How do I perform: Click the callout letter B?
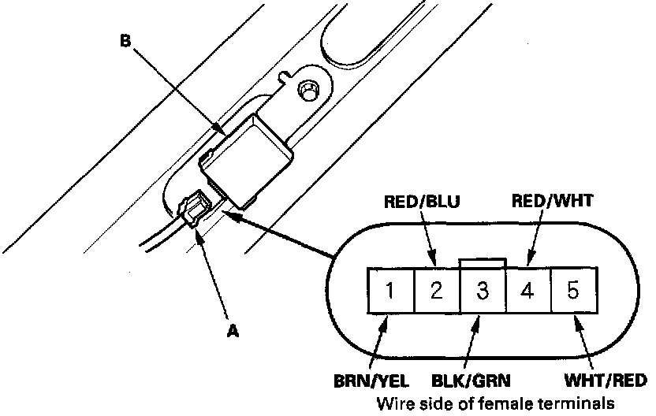[x=125, y=41]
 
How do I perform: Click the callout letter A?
[x=233, y=331]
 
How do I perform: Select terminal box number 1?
[x=391, y=290]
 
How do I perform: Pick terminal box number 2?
[x=437, y=290]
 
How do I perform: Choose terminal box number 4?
[x=528, y=290]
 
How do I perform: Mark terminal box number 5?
[x=574, y=290]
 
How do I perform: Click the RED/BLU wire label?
[x=422, y=202]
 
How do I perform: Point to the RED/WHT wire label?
[x=552, y=201]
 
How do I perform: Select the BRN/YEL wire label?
[x=371, y=381]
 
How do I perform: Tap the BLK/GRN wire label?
[x=471, y=381]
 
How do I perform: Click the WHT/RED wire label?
[x=606, y=381]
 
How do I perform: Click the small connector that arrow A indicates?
[x=196, y=209]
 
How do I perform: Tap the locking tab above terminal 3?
[x=483, y=263]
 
